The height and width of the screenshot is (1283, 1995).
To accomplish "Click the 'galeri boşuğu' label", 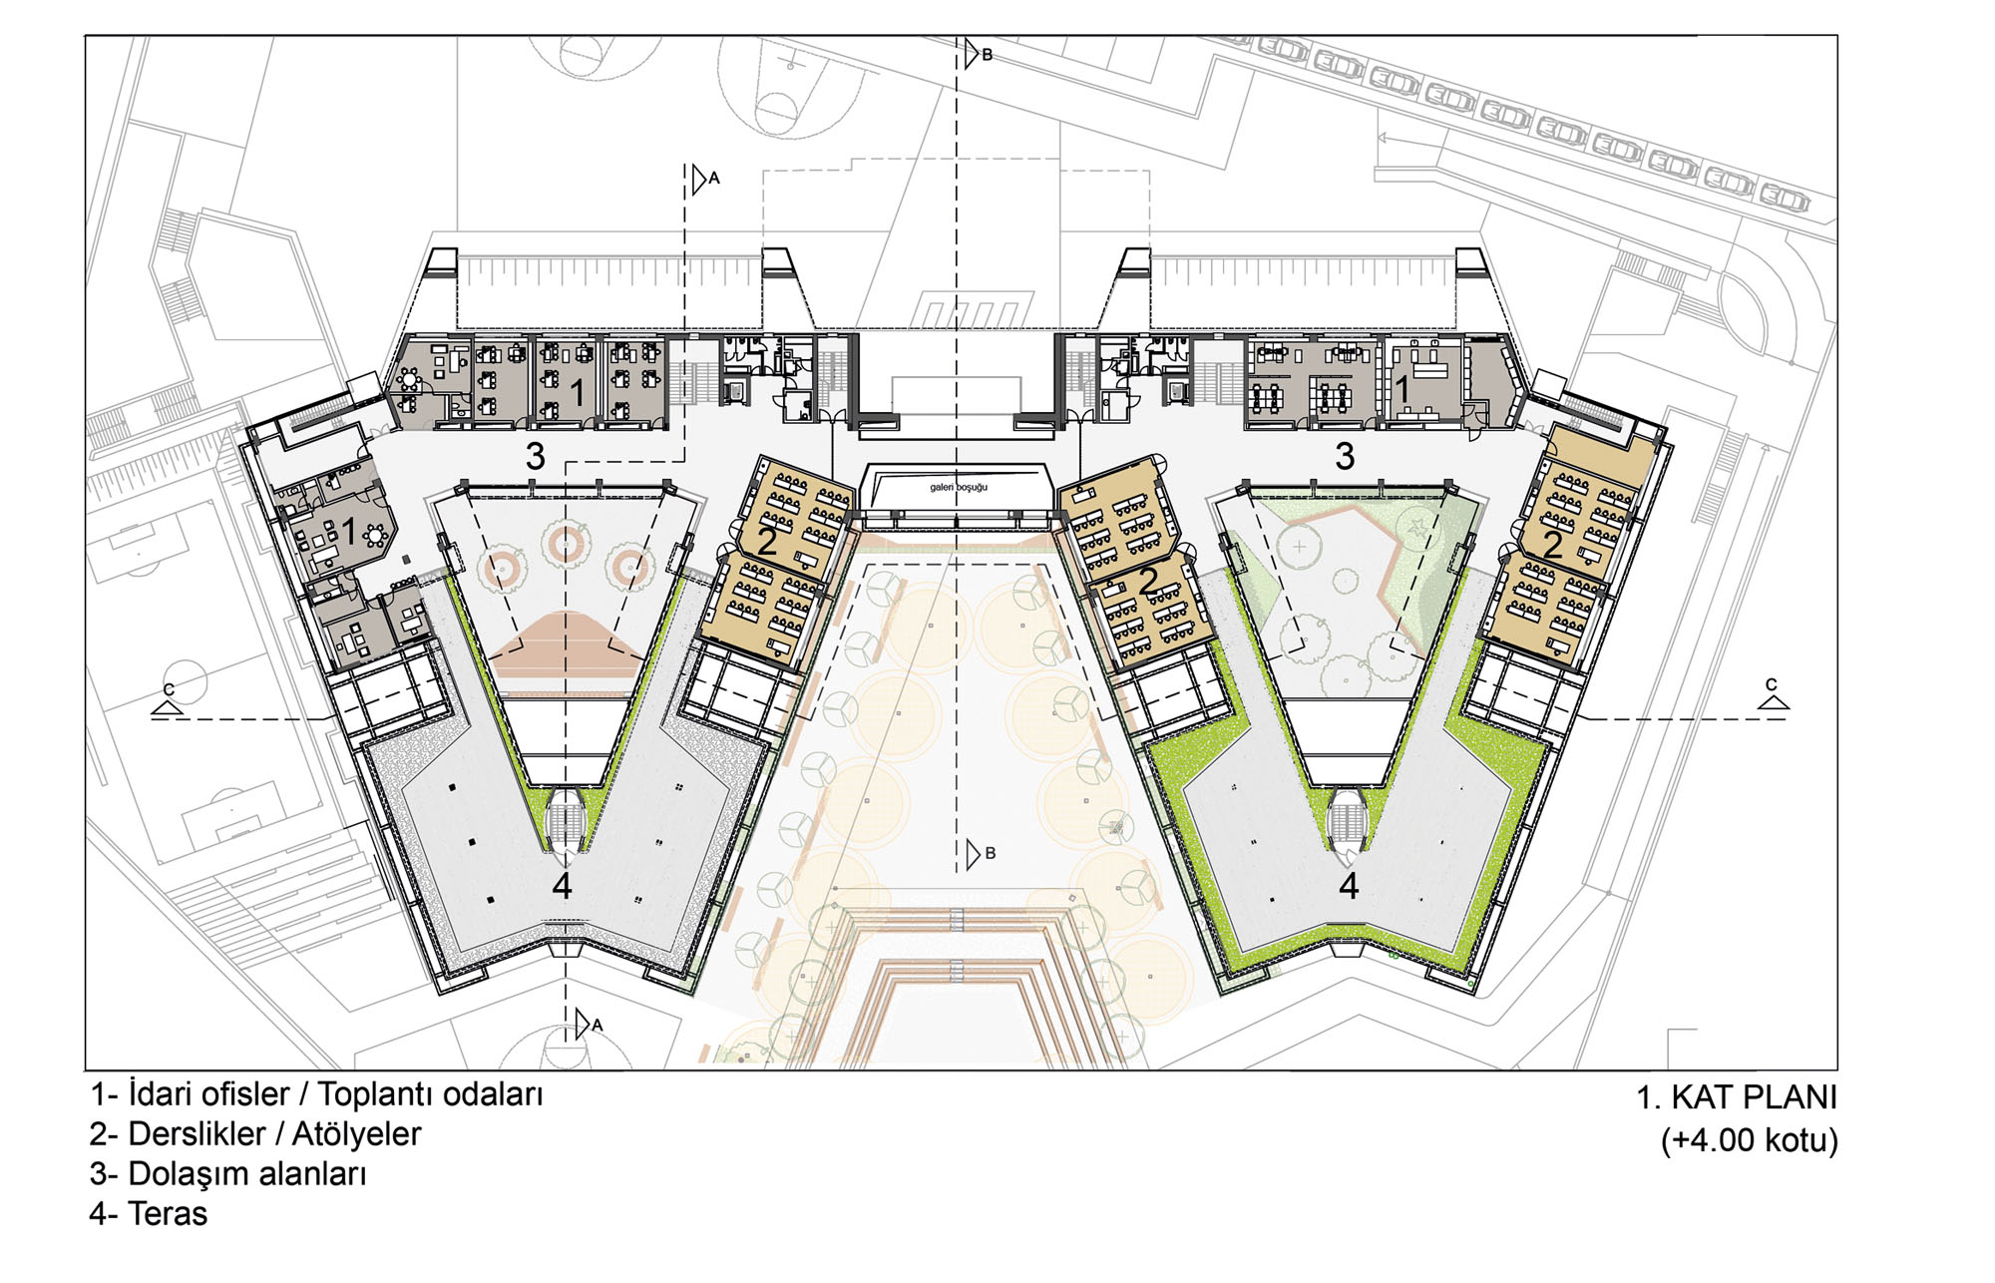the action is pyautogui.click(x=959, y=487).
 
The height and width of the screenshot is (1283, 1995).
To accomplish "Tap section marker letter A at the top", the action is pyautogui.click(x=713, y=179).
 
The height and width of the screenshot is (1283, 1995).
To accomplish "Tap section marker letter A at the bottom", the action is pyautogui.click(x=597, y=1025).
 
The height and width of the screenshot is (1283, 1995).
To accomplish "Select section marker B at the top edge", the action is pyautogui.click(x=987, y=55).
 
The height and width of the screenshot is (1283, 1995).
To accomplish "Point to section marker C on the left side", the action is pyautogui.click(x=169, y=689).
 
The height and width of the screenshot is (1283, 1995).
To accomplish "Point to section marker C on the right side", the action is pyautogui.click(x=1771, y=684).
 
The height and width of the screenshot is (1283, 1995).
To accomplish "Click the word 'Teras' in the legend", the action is pyautogui.click(x=168, y=1214).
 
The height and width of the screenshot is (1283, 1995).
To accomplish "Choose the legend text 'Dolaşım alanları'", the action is pyautogui.click(x=247, y=1174).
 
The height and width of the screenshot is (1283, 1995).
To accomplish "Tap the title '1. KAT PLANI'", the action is pyautogui.click(x=1736, y=1097).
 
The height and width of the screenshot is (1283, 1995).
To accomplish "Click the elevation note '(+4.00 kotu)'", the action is pyautogui.click(x=1749, y=1139).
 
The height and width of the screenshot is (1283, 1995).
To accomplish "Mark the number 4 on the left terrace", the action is pyautogui.click(x=563, y=886).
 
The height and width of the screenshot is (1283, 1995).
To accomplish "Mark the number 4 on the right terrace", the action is pyautogui.click(x=1349, y=886).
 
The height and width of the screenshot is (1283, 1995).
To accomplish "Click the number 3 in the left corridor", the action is pyautogui.click(x=536, y=457).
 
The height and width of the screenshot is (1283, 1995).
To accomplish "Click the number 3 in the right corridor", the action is pyautogui.click(x=1345, y=457).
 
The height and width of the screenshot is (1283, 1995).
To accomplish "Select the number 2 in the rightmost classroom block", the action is pyautogui.click(x=1553, y=544).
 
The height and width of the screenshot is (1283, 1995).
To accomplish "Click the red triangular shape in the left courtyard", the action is pyautogui.click(x=566, y=639).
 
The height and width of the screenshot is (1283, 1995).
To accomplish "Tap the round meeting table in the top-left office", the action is pyautogui.click(x=409, y=379).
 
